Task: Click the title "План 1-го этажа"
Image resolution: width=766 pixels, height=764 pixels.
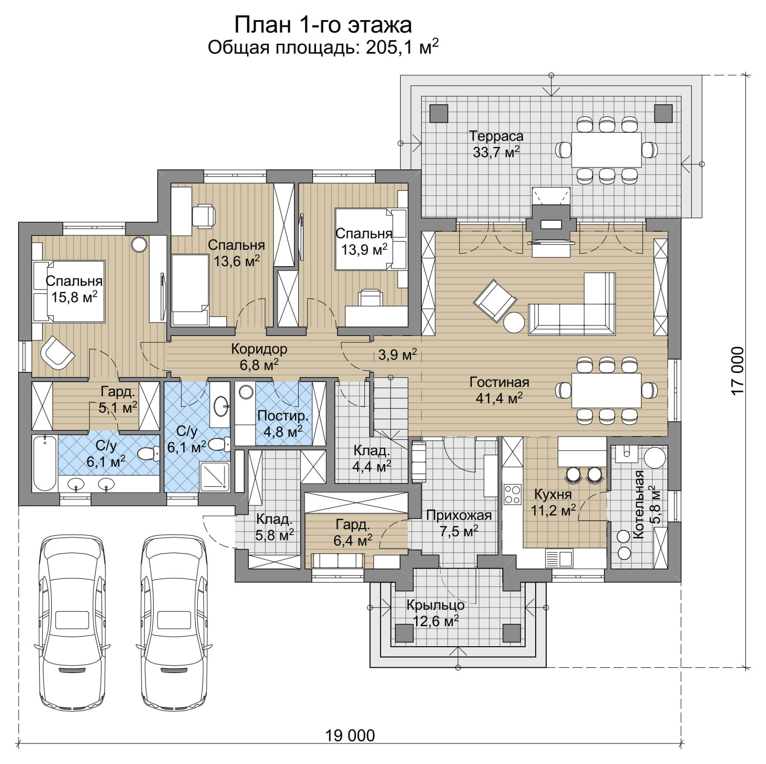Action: coord(323,24)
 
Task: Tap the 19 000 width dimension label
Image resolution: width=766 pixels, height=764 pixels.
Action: coord(350,735)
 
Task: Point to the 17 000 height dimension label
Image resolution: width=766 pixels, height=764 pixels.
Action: coord(738,371)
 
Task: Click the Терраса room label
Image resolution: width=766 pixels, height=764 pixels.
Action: coord(496,136)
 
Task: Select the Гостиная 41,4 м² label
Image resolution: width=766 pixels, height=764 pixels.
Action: coord(499,390)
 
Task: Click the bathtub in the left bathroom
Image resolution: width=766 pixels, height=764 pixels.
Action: coord(45,462)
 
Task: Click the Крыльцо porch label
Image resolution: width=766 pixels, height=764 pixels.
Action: coord(435,605)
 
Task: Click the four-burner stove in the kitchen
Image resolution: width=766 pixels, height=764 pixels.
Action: coord(512,494)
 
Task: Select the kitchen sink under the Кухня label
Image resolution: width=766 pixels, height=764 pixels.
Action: coord(559,558)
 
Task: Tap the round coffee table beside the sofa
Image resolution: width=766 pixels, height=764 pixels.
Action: coord(515,323)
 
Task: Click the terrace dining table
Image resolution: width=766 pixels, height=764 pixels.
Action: coord(607,150)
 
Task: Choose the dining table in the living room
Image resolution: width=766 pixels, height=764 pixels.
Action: coord(607,391)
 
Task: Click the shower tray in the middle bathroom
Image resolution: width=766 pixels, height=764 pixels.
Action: coord(214,476)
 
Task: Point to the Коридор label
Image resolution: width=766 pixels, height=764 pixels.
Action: coord(259,349)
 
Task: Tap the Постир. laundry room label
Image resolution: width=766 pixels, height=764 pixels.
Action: coord(283,416)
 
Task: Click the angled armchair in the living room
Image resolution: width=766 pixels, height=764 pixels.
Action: coord(495,301)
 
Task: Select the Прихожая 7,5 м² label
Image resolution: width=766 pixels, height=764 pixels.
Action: coord(459,523)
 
